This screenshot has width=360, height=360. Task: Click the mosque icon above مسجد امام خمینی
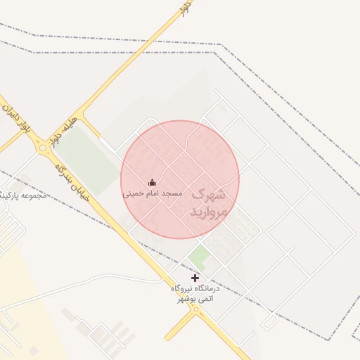[153, 183]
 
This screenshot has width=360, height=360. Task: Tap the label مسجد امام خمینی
[153, 193]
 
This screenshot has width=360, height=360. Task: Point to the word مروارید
[209, 211]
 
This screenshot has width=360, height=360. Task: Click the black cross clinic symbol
[195, 278]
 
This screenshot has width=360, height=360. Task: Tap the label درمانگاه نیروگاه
[195, 288]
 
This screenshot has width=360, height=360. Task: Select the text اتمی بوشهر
[195, 299]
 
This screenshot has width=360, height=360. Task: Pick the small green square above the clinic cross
[199, 256]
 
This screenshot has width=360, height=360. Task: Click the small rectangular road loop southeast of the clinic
[269, 320]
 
